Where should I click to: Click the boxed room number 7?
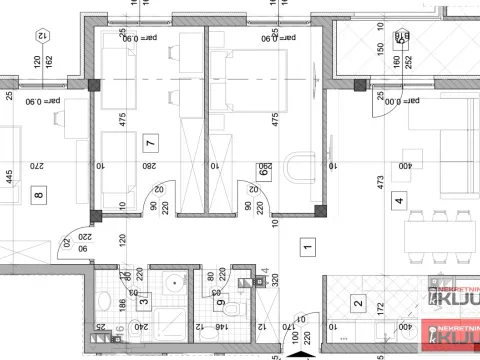pos(150,141)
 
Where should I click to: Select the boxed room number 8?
pos(39,195)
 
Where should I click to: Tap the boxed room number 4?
pos(398,200)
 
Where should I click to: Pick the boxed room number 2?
pos(357,305)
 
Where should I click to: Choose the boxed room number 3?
pos(143,299)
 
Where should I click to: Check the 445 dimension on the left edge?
pos(6,180)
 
